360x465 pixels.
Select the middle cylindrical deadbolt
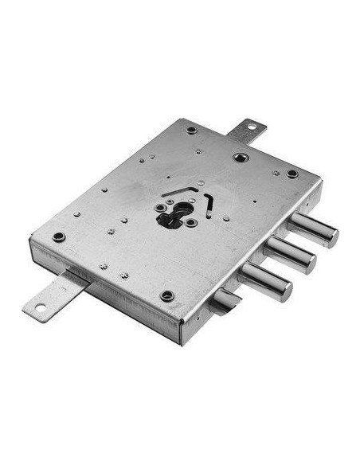(288, 254)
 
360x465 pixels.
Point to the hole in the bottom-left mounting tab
(36, 308)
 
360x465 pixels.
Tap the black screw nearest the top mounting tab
(192, 130)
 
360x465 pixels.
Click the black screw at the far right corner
(292, 173)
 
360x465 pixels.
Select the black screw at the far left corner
(58, 236)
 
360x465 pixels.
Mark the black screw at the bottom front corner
(166, 295)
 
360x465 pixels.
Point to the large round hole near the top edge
(238, 157)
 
